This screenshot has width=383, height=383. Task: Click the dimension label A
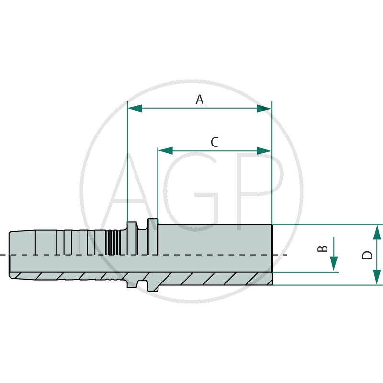pos(200,100)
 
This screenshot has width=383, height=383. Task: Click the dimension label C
pos(214,142)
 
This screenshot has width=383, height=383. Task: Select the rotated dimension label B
pos(324,248)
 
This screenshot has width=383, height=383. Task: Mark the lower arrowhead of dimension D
pos(377,277)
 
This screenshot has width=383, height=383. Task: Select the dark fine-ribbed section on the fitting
pos(113,242)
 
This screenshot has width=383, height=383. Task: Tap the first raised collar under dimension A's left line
pos(132,230)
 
